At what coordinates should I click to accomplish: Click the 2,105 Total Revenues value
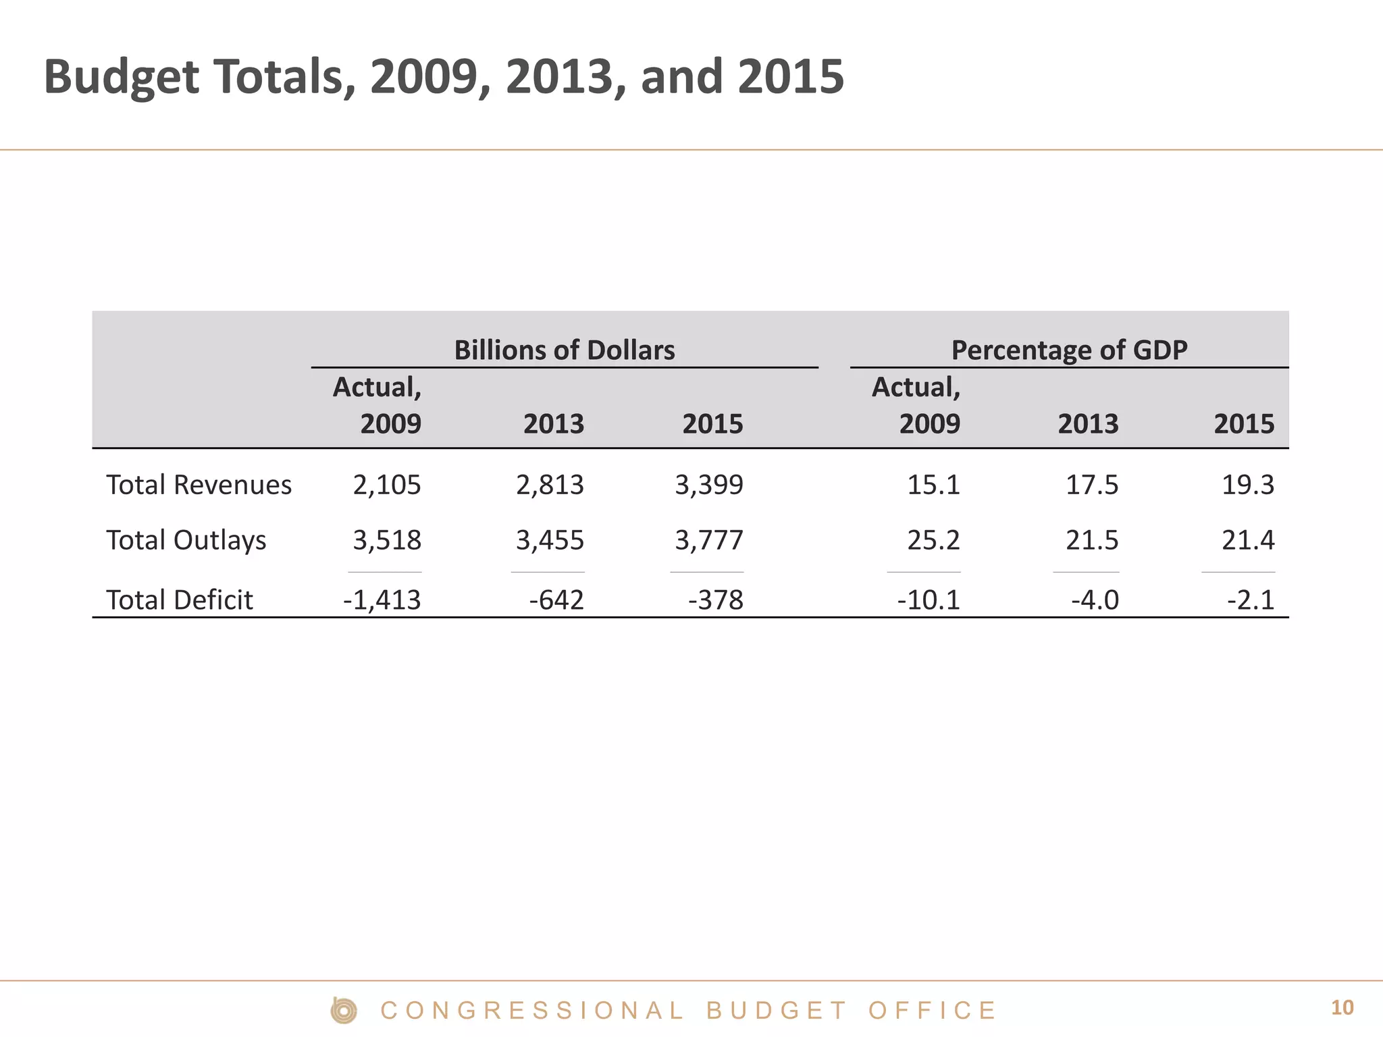[x=387, y=485]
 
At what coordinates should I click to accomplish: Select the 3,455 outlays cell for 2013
[x=550, y=540]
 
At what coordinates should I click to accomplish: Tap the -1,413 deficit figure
[x=382, y=600]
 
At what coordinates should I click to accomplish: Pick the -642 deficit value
[x=556, y=600]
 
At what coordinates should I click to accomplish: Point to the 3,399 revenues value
[x=709, y=485]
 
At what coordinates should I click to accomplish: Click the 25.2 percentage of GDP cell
[x=933, y=540]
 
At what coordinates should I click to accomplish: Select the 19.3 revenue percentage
[x=1248, y=485]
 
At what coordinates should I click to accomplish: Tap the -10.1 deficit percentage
[x=929, y=600]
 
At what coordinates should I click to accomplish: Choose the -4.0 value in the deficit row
[x=1095, y=600]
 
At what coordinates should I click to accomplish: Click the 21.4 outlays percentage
[x=1248, y=540]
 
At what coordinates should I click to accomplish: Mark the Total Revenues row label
[x=199, y=485]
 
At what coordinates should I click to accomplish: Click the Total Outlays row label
[x=186, y=540]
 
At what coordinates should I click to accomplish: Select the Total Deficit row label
[x=180, y=600]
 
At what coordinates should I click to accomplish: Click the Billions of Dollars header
[x=565, y=350]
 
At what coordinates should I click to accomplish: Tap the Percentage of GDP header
[x=1069, y=350]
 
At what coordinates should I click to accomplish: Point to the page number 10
[x=1342, y=1008]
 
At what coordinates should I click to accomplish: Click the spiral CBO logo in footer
[x=344, y=1011]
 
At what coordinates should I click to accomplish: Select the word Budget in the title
[x=122, y=78]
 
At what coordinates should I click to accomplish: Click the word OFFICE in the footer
[x=932, y=1011]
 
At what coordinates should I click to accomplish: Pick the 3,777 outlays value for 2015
[x=709, y=540]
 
